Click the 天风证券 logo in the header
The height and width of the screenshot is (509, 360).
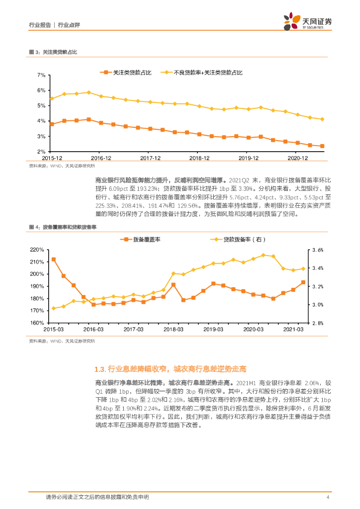tap(307, 21)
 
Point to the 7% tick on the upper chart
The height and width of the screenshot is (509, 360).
tap(41, 75)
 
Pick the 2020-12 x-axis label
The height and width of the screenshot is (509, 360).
tap(299, 158)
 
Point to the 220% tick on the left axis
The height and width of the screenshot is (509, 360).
tap(38, 250)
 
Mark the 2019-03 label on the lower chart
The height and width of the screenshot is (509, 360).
tap(213, 330)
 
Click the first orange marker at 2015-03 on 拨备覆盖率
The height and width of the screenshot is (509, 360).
tap(53, 259)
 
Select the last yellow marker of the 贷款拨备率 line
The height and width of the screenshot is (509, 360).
tap(303, 269)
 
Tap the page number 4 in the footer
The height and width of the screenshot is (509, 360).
tap(328, 497)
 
